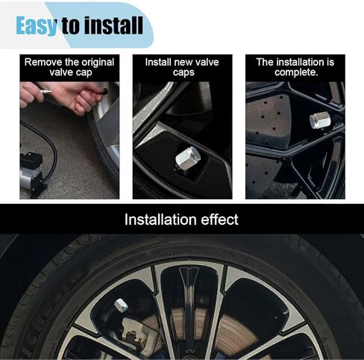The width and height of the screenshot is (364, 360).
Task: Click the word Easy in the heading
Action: point(37,25)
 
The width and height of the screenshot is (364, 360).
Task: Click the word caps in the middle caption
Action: point(182,72)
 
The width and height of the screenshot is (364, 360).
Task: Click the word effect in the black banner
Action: point(218,220)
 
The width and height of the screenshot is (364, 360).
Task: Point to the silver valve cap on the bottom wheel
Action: point(122,305)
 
